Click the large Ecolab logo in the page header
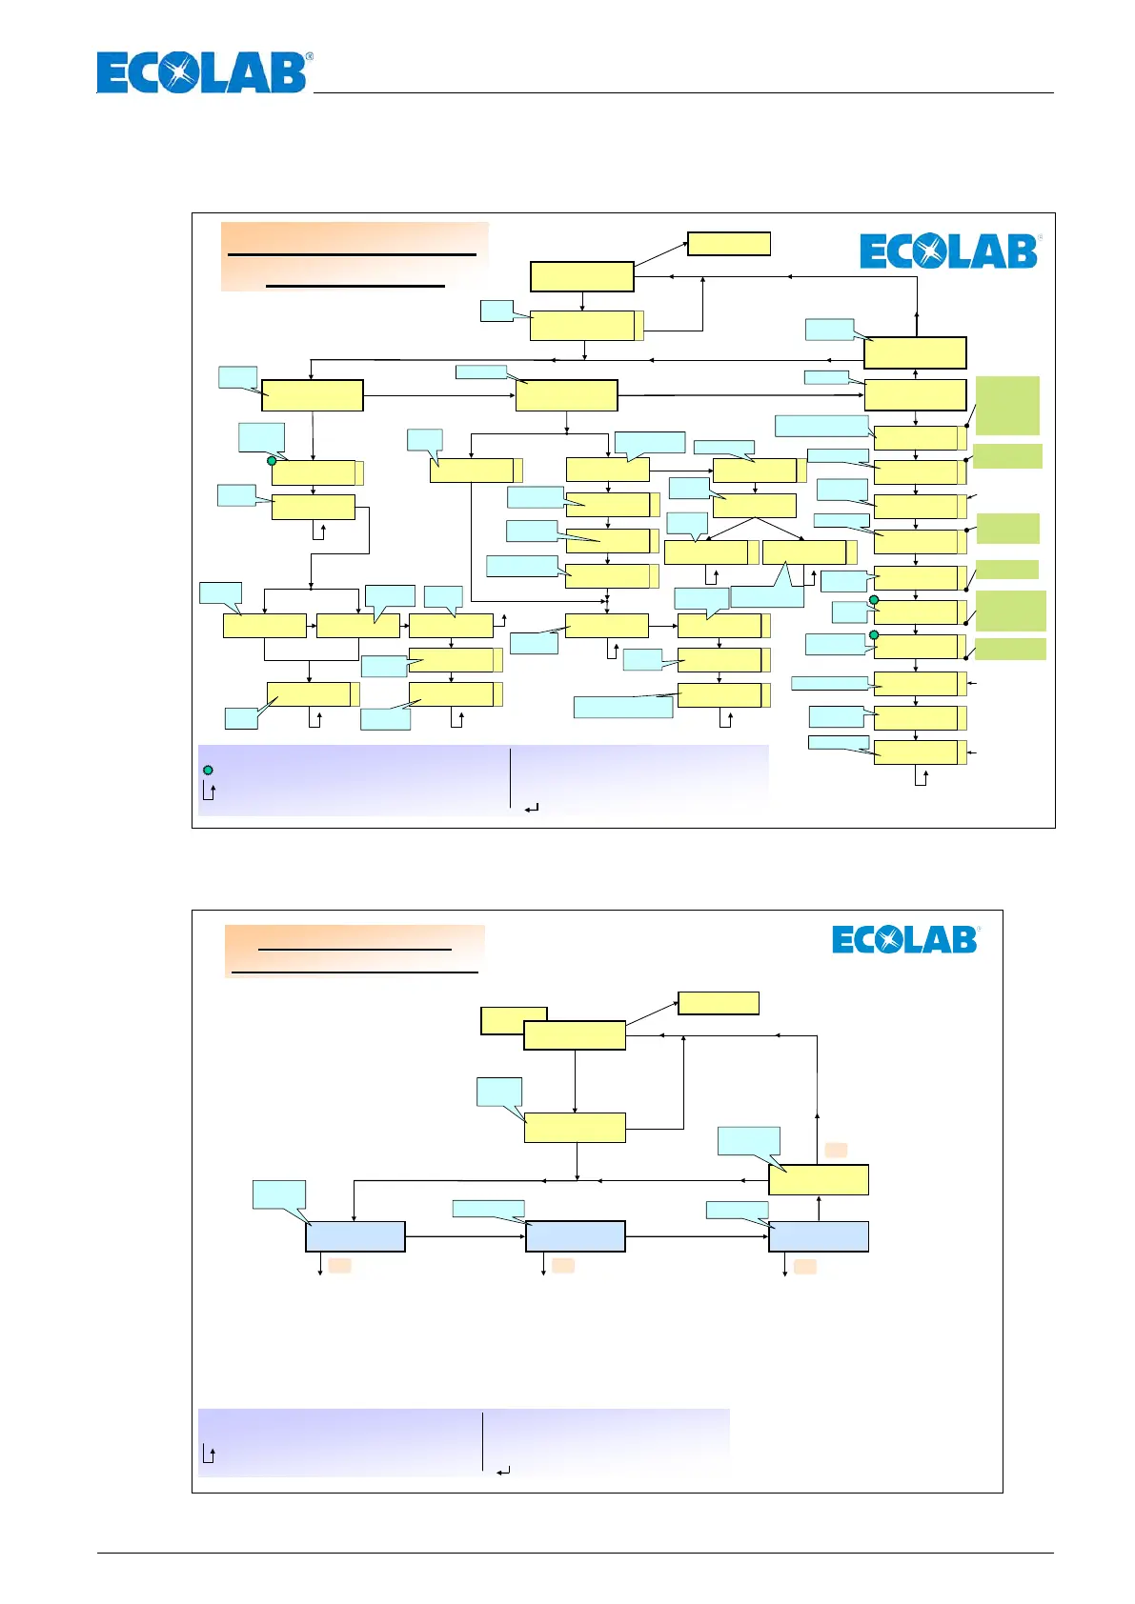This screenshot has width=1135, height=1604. pos(204,73)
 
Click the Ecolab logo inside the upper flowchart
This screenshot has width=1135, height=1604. pos(949,251)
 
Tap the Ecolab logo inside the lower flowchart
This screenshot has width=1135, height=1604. pos(905,939)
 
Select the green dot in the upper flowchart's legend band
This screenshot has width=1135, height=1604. pos(208,770)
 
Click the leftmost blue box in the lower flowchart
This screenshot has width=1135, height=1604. pos(355,1236)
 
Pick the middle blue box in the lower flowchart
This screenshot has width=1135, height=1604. pos(576,1236)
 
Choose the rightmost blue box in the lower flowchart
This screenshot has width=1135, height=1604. pos(819,1236)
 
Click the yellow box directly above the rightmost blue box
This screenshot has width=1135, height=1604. pos(819,1180)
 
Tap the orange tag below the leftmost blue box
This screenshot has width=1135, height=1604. pos(340,1265)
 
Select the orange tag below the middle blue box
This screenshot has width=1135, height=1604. pos(563,1265)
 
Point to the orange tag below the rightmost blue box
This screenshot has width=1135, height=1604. pos(805,1266)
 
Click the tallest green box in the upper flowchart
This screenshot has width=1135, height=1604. pos(1007,406)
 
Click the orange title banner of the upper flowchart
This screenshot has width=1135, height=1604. pos(355,256)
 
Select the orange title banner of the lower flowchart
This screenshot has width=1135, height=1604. pos(355,951)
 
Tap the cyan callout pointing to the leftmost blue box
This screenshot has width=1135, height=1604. pos(279,1195)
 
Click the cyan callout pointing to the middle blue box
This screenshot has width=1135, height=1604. pos(488,1209)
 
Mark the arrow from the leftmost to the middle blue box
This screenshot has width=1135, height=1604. pos(465,1236)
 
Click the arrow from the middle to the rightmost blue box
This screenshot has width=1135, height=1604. pos(697,1236)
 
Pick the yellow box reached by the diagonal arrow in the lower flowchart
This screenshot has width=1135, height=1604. pos(719,1003)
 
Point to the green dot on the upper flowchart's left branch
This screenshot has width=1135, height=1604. pos(272,461)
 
